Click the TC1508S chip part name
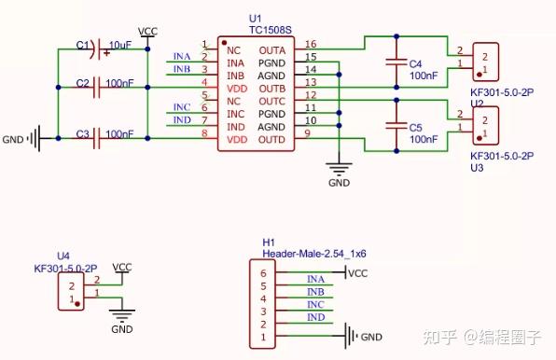click(x=270, y=30)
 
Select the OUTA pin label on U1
click(x=271, y=49)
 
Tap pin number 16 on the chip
click(x=311, y=44)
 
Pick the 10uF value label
click(x=120, y=45)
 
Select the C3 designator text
click(x=83, y=133)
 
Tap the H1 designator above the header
click(x=269, y=241)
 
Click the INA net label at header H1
click(x=316, y=279)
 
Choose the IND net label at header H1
click(x=316, y=318)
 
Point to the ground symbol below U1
click(x=340, y=170)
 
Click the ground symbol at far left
click(x=34, y=139)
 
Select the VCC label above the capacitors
click(x=147, y=32)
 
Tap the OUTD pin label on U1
click(x=271, y=140)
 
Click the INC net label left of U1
click(x=182, y=108)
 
